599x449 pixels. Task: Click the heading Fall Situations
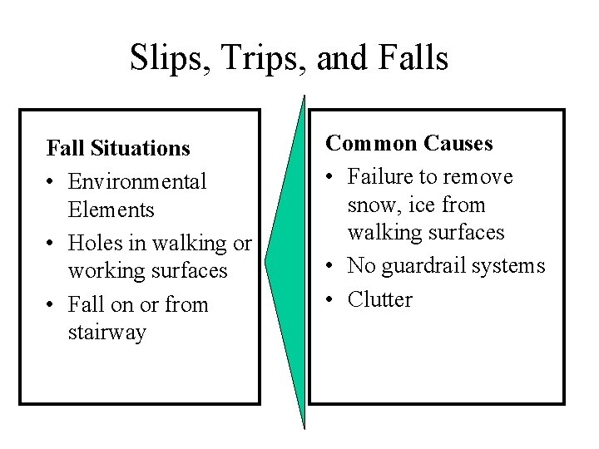click(x=118, y=149)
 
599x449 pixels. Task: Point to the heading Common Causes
click(x=409, y=144)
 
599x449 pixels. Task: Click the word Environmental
click(x=137, y=180)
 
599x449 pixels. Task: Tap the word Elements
click(x=111, y=210)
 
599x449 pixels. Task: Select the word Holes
click(x=97, y=243)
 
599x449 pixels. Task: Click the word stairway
click(x=108, y=333)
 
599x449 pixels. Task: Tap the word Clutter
click(x=380, y=299)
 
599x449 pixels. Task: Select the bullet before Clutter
click(x=331, y=299)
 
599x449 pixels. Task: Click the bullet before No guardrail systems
click(x=331, y=266)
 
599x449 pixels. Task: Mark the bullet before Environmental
click(x=52, y=180)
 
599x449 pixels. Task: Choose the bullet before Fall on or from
click(x=52, y=304)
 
